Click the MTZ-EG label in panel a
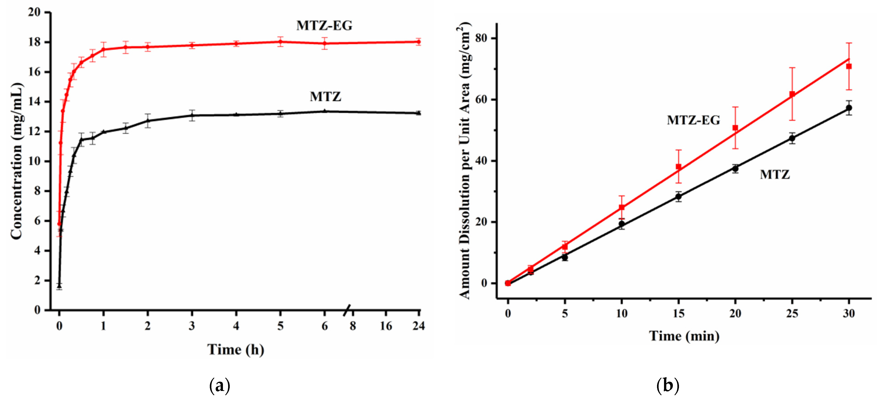click(x=324, y=26)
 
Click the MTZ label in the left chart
click(x=325, y=97)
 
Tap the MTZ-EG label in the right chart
click(x=693, y=120)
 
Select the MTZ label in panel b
click(x=774, y=175)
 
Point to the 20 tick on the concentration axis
click(x=34, y=12)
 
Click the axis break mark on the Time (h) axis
click(x=347, y=309)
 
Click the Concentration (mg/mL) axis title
click(x=16, y=161)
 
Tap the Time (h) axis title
click(x=236, y=349)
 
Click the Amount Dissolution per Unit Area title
click(x=464, y=161)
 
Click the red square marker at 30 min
click(x=849, y=66)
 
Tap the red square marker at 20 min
click(x=735, y=128)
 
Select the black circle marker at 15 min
click(x=679, y=196)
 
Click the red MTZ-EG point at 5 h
click(x=280, y=42)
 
